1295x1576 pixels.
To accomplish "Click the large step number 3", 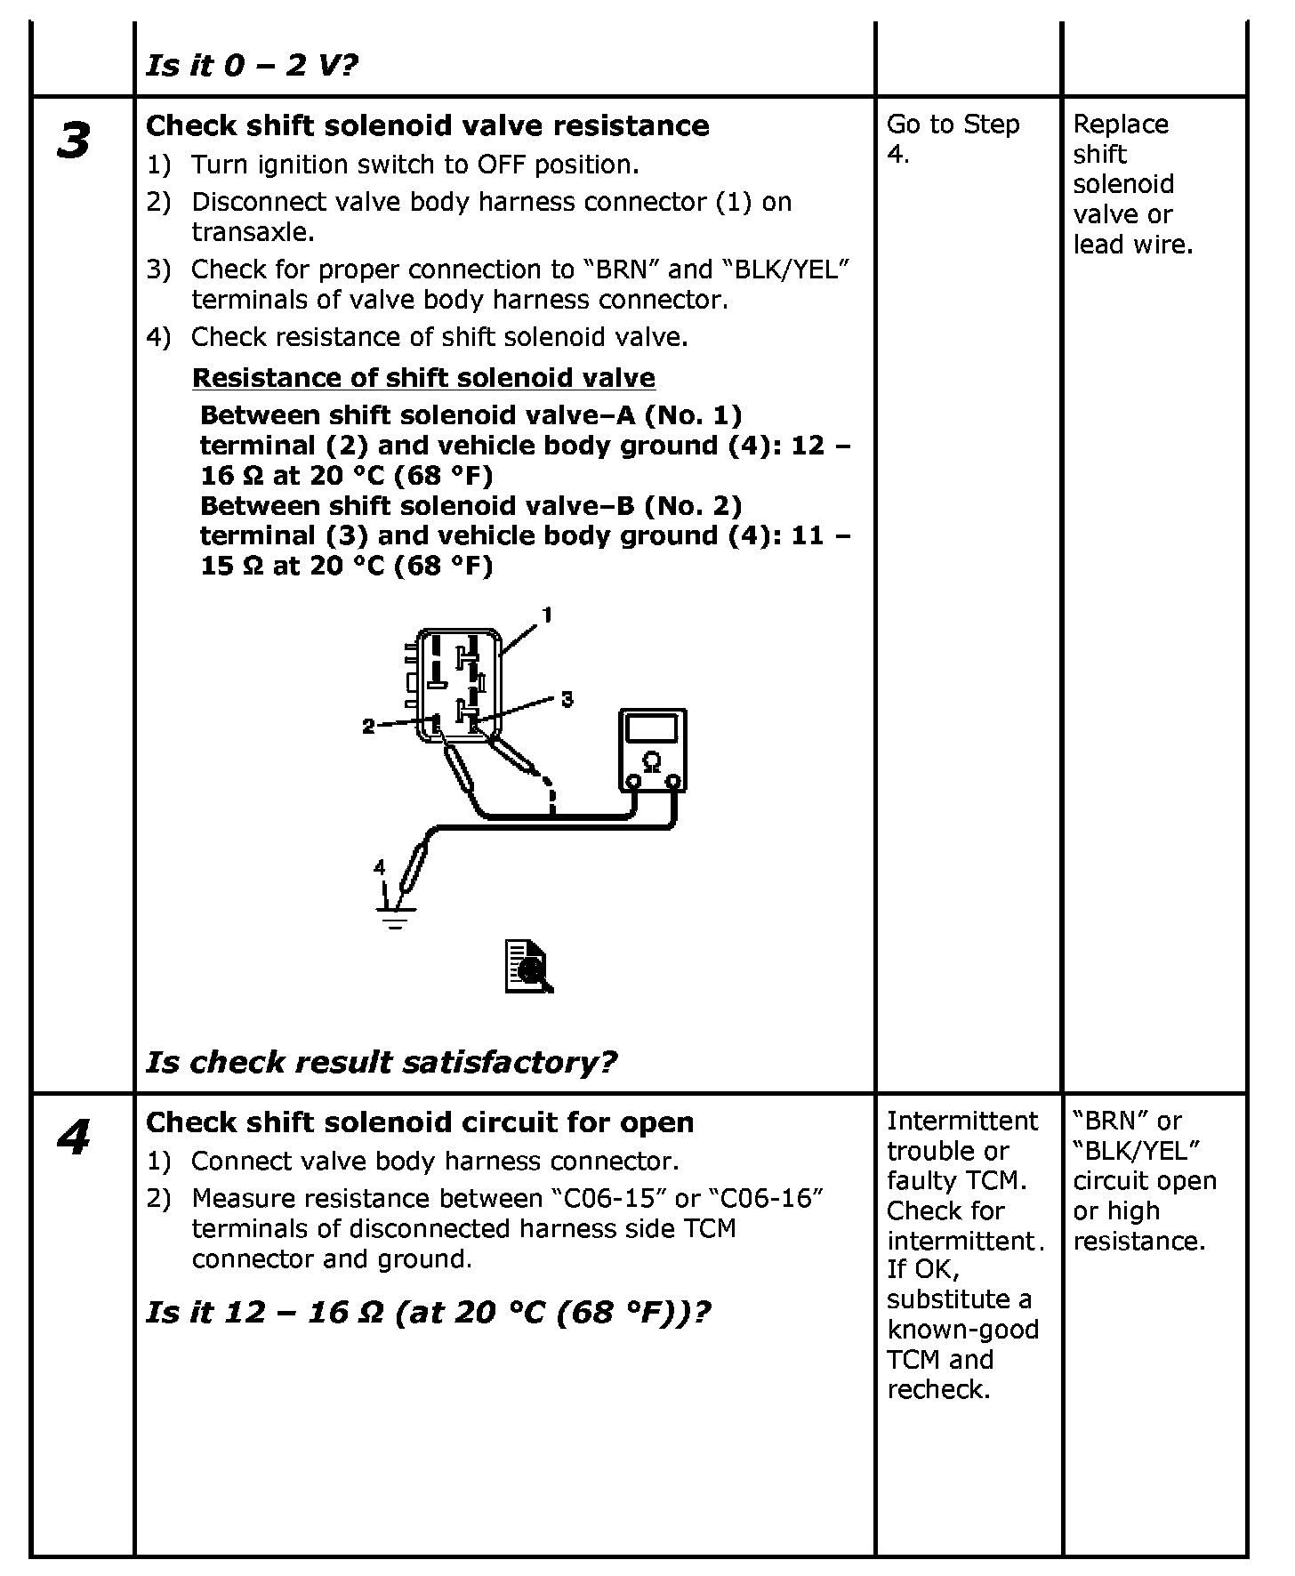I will pos(73,141).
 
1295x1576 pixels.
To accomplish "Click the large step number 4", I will pos(73,1138).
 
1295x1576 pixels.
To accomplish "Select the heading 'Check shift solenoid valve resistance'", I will pos(427,125).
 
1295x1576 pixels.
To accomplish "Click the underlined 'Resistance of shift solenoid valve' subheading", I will pos(423,378).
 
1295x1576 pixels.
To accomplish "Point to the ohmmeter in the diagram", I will pos(652,750).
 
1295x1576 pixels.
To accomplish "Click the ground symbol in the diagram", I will pos(395,915).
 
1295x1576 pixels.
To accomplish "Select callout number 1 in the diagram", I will pos(548,615).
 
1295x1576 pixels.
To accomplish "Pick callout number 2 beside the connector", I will pos(368,727).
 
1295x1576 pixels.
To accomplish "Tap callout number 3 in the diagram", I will pos(567,699).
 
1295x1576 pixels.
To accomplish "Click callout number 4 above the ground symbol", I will pos(380,866).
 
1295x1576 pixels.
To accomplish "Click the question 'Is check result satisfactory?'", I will pos(381,1061).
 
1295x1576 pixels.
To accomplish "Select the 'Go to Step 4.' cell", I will pos(953,140).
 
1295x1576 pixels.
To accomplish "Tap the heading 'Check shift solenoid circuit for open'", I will pos(420,1122).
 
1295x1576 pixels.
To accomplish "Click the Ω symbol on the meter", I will pos(652,762).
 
